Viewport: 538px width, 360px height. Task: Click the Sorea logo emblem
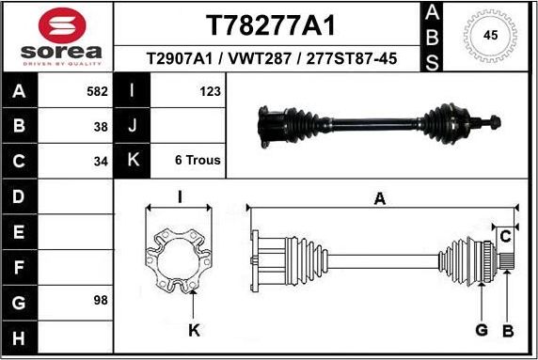pos(58,24)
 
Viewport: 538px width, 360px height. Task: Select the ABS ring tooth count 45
pos(490,35)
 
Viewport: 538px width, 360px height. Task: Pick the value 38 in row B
pos(101,126)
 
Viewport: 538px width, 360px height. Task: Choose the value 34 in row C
pos(101,160)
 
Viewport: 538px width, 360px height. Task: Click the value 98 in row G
pos(101,301)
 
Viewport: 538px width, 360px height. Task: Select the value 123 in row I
pos(210,92)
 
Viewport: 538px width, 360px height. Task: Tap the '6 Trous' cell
pos(198,160)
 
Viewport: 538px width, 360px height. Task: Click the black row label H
pos(20,337)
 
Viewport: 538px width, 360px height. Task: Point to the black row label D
pos(20,196)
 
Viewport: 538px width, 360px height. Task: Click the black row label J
pos(133,126)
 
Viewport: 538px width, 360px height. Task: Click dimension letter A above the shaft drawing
pos(380,198)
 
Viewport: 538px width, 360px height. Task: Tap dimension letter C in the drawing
pos(505,234)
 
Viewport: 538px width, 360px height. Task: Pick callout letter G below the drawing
pos(481,329)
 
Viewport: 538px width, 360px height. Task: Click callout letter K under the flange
pos(194,329)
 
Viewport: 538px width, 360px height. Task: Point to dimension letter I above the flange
pos(179,197)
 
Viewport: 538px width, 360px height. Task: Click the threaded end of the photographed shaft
pos(493,120)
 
